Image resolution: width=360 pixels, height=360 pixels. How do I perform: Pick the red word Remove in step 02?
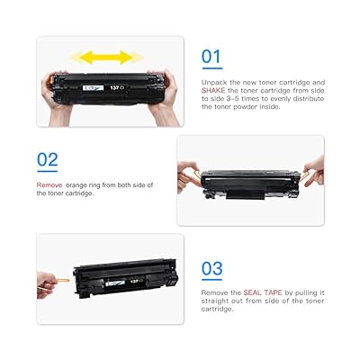pyautogui.click(x=49, y=184)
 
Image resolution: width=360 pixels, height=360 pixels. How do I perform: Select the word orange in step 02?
pyautogui.click(x=84, y=184)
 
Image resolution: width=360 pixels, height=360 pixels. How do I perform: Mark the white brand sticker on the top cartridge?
pyautogui.click(x=94, y=87)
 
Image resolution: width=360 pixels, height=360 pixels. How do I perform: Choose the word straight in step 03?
pyautogui.click(x=217, y=302)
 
